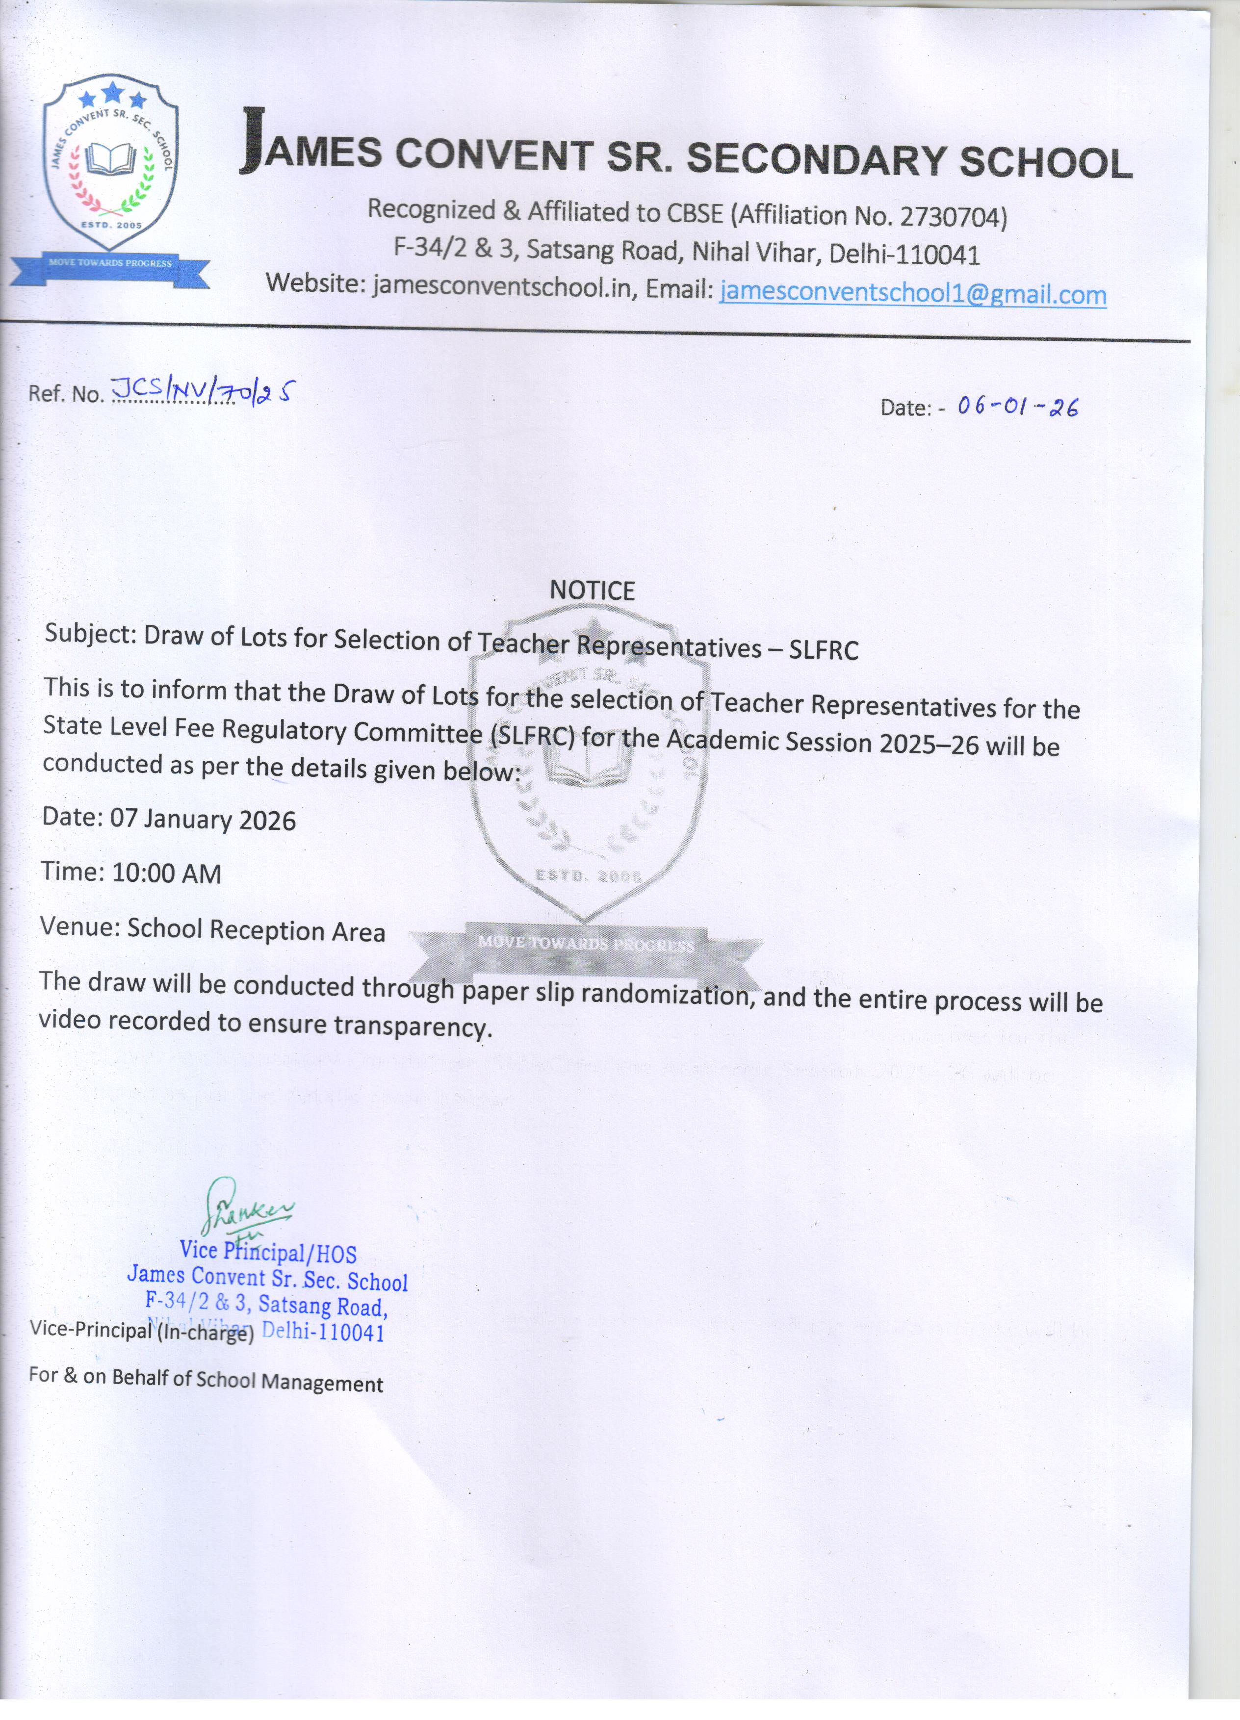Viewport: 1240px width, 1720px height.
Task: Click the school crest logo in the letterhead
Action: coord(111,163)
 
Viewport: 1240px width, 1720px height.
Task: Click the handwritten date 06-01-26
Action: coord(1017,407)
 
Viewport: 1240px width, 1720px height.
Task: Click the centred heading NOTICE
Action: coord(592,591)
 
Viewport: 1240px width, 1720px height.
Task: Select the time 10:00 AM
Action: coord(166,873)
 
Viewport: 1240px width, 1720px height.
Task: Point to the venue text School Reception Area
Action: coord(256,930)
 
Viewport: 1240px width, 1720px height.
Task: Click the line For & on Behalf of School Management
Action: coord(206,1380)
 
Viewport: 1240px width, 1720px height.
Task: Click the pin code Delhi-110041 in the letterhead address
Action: coord(904,255)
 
